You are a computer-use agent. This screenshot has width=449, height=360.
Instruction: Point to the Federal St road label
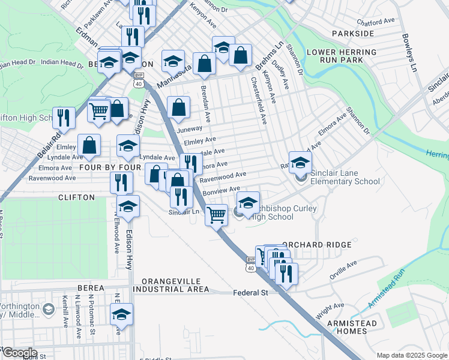point(250,293)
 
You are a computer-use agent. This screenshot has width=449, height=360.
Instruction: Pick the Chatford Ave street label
point(380,20)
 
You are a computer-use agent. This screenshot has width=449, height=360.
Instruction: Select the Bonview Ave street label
point(222,189)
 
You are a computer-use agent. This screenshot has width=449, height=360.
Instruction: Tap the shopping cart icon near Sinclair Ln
point(216,214)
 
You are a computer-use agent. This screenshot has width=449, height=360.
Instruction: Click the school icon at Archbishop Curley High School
point(248,202)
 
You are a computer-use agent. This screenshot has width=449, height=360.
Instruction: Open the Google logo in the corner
point(19,353)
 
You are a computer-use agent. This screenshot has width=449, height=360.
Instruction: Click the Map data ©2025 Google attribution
point(411,355)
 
